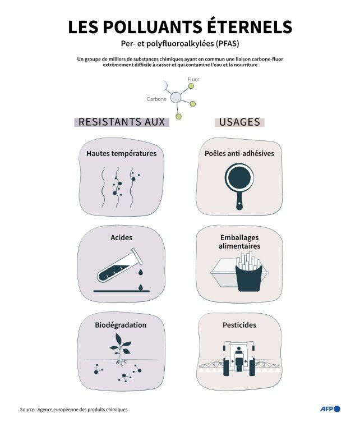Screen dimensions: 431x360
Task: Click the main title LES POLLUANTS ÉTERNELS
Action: (180, 27)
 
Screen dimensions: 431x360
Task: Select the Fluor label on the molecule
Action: (193, 79)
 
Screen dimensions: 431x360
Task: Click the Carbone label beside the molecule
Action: (156, 99)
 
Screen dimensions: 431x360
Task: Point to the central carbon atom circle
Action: (176, 98)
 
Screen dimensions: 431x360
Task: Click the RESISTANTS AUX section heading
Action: (122, 122)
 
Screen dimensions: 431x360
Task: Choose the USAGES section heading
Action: (239, 122)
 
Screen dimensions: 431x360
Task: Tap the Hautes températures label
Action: (121, 153)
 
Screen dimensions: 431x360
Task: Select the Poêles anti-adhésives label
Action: (239, 153)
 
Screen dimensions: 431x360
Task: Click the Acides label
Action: (121, 237)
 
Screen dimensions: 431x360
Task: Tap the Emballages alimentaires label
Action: (239, 241)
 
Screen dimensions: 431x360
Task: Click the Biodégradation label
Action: (121, 325)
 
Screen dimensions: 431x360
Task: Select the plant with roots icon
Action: (121, 349)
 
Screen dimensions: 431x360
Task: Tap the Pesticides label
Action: (239, 325)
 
